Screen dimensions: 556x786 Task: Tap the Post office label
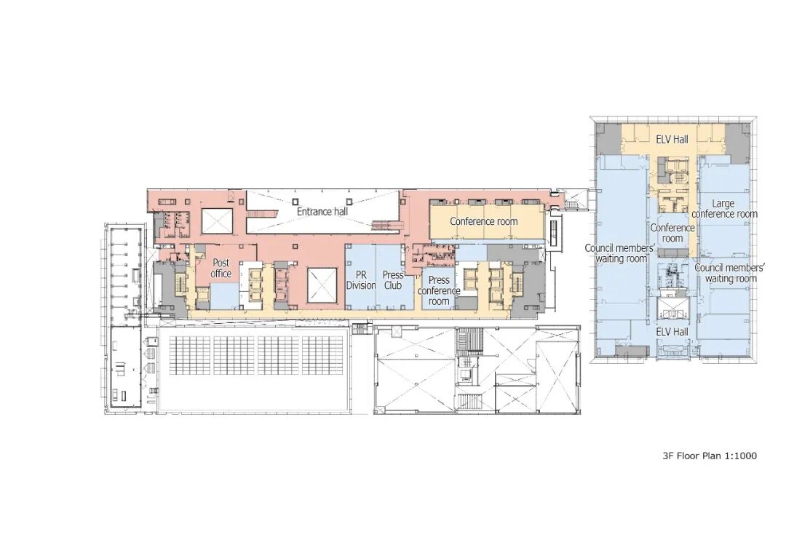[x=221, y=268]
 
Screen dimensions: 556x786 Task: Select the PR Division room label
[x=361, y=280]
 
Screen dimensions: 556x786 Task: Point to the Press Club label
[x=393, y=280]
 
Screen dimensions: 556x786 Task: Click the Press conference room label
[x=439, y=290]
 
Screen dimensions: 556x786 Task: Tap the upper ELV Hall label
[x=672, y=139]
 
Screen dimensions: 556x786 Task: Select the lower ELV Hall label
[x=672, y=332]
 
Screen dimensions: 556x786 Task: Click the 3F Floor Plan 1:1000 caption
[x=709, y=456]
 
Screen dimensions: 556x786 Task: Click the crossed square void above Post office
[x=216, y=220]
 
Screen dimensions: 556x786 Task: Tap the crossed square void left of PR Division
[x=322, y=283]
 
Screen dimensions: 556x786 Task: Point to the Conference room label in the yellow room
[x=483, y=221]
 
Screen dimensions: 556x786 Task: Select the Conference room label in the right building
[x=672, y=233]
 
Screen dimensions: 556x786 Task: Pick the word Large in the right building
[x=723, y=204]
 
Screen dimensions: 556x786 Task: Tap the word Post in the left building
[x=221, y=263]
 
